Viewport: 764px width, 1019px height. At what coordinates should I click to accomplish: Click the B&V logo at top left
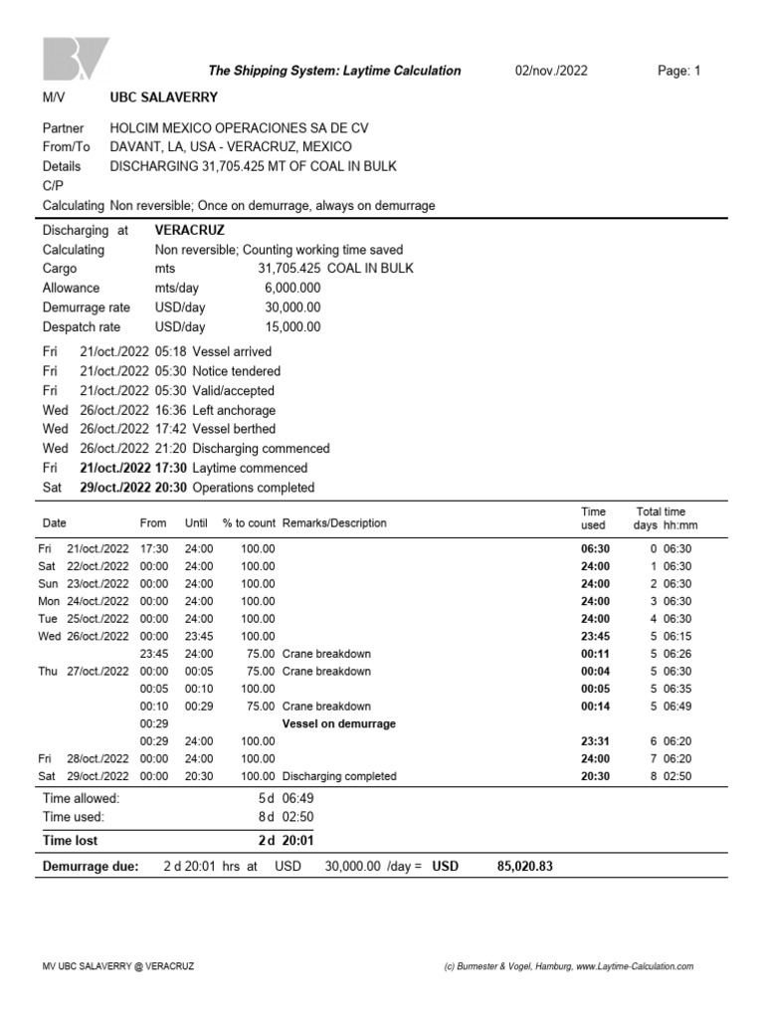coord(75,60)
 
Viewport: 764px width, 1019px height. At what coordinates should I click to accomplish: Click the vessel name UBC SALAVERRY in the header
coord(163,98)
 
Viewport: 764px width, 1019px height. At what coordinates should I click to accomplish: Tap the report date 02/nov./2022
coord(551,71)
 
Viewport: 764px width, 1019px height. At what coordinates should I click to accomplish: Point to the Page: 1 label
coord(679,71)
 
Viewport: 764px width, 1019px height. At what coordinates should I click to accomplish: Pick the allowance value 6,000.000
coord(292,288)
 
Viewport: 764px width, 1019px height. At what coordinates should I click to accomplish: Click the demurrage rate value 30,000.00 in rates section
coord(289,307)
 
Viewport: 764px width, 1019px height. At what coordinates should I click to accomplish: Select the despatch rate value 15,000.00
coord(289,326)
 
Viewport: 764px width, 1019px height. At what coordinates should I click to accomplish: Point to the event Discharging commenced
coord(260,449)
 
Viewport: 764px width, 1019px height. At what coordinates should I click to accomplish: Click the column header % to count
coord(249,523)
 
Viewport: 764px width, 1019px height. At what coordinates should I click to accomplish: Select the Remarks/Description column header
coord(334,523)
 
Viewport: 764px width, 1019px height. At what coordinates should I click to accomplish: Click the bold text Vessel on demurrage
coord(338,723)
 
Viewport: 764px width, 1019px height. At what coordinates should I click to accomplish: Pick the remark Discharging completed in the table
coord(339,776)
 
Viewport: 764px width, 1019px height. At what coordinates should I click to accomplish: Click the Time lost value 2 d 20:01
coord(286,841)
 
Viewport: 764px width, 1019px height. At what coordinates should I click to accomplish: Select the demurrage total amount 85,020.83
coord(524,867)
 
